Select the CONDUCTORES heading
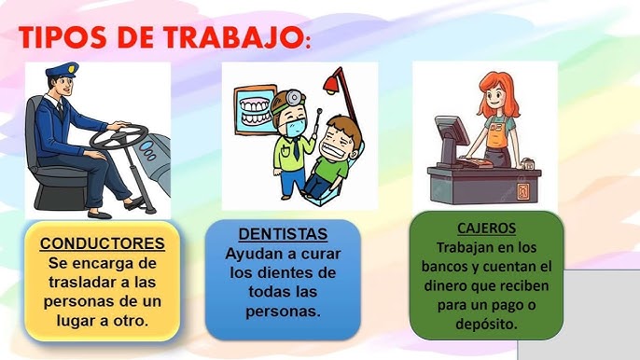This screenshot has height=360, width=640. pos(103,244)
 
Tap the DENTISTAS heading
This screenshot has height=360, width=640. pos(283,233)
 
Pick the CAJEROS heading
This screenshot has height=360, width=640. pos(486,228)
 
